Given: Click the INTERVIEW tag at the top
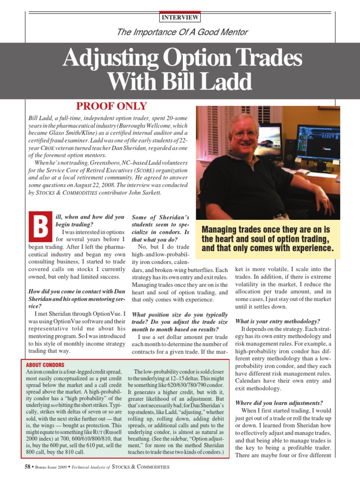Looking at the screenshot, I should [x=180, y=18].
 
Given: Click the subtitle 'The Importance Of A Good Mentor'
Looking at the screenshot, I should [x=180, y=32].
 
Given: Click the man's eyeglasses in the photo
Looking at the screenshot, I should [x=244, y=134].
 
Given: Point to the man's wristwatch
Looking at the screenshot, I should [x=280, y=216].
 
